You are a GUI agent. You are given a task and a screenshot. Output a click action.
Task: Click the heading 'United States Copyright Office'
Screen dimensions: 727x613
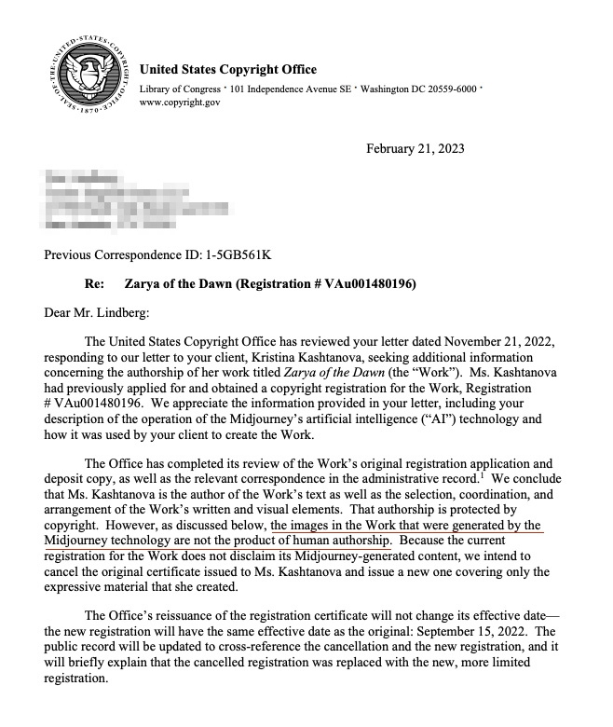pyautogui.click(x=227, y=70)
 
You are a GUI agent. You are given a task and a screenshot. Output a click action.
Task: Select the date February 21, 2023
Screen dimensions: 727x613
pyautogui.click(x=415, y=149)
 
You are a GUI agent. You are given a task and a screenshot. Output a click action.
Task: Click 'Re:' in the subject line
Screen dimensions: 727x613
pyautogui.click(x=94, y=283)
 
